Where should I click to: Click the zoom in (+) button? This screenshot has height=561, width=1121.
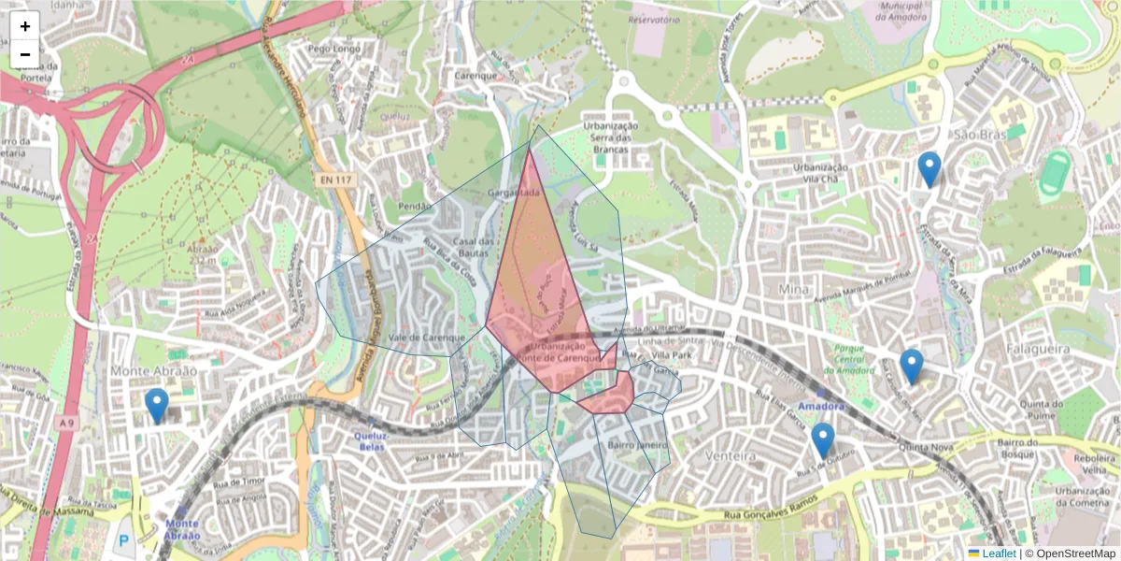pyautogui.click(x=25, y=26)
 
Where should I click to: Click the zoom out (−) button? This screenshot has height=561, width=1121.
pyautogui.click(x=25, y=54)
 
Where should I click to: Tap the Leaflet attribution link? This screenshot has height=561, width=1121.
pyautogui.click(x=998, y=554)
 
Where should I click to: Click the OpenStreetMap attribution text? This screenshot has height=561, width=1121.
pyautogui.click(x=1074, y=554)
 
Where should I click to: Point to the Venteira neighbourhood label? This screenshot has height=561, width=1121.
pyautogui.click(x=731, y=456)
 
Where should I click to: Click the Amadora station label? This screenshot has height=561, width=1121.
pyautogui.click(x=822, y=407)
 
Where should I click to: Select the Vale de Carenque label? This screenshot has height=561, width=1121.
pyautogui.click(x=426, y=338)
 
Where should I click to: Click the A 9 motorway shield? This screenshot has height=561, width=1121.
pyautogui.click(x=65, y=424)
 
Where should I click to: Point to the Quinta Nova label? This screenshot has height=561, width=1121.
pyautogui.click(x=924, y=447)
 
